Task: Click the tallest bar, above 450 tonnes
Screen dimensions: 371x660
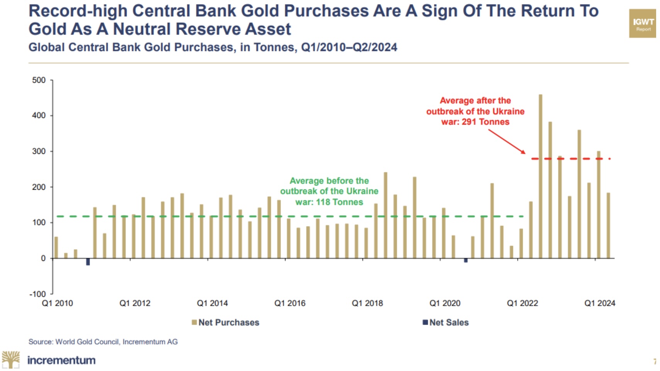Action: (x=540, y=176)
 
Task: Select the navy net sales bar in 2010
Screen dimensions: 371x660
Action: (x=88, y=262)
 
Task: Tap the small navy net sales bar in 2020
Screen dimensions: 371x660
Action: (x=466, y=260)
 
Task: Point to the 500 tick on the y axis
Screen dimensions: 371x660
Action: (x=39, y=80)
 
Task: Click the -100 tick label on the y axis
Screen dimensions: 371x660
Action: (x=37, y=294)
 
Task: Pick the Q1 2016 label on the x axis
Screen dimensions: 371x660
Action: (x=290, y=303)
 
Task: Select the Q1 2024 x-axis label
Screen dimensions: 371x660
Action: (x=599, y=303)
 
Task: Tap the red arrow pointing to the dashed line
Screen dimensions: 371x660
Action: (x=507, y=141)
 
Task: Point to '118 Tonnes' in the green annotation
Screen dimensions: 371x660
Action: (x=339, y=202)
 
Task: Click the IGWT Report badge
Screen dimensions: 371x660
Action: (x=643, y=24)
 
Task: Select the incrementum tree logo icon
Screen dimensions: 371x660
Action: (x=11, y=360)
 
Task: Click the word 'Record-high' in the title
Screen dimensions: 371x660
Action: (x=78, y=11)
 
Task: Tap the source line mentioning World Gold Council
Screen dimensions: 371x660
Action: (x=103, y=342)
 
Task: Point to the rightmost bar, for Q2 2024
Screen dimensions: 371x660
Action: (x=608, y=225)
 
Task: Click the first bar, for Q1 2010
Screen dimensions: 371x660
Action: (x=56, y=247)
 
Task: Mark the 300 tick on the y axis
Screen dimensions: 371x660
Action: (x=39, y=151)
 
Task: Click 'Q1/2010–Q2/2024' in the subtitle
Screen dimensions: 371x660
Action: (x=349, y=48)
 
